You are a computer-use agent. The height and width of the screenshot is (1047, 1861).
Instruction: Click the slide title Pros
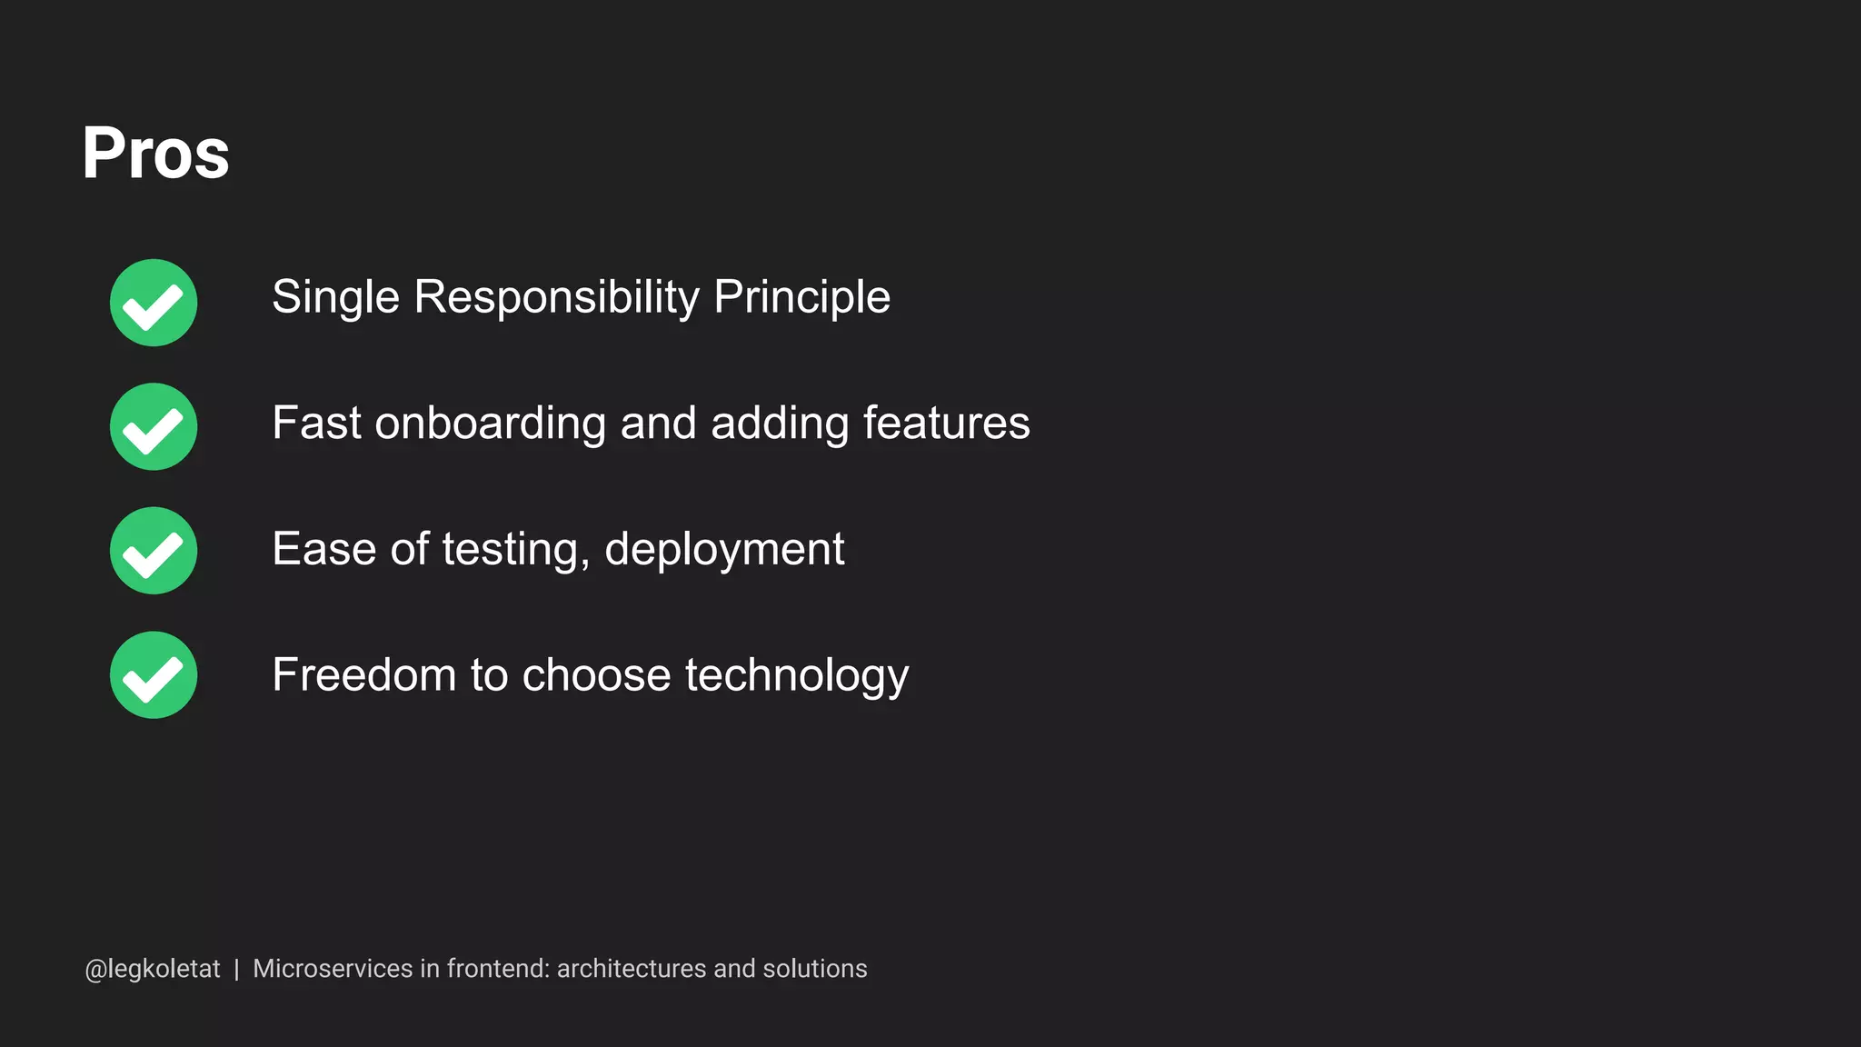pyautogui.click(x=155, y=153)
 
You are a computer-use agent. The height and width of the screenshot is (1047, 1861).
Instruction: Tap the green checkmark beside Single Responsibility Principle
pyautogui.click(x=154, y=303)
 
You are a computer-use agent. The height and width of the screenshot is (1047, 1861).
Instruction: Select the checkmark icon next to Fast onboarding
pyautogui.click(x=154, y=426)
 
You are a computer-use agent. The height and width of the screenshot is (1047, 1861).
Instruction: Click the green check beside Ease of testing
pyautogui.click(x=154, y=551)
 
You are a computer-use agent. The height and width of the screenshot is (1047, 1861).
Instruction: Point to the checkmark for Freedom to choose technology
pyautogui.click(x=154, y=675)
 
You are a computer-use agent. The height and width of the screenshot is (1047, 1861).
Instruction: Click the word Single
pyautogui.click(x=335, y=297)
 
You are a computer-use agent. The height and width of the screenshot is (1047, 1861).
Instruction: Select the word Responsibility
pyautogui.click(x=556, y=297)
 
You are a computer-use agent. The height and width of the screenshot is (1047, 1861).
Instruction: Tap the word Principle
pyautogui.click(x=801, y=297)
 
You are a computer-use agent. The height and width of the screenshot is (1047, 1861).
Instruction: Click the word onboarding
pyautogui.click(x=490, y=424)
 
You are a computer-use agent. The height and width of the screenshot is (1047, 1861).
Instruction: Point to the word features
pyautogui.click(x=946, y=424)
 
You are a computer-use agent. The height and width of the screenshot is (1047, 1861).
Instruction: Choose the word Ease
pyautogui.click(x=324, y=549)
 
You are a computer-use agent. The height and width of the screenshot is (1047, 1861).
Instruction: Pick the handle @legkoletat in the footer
pyautogui.click(x=153, y=969)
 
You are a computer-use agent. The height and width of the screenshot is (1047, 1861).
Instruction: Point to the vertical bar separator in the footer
pyautogui.click(x=236, y=969)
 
